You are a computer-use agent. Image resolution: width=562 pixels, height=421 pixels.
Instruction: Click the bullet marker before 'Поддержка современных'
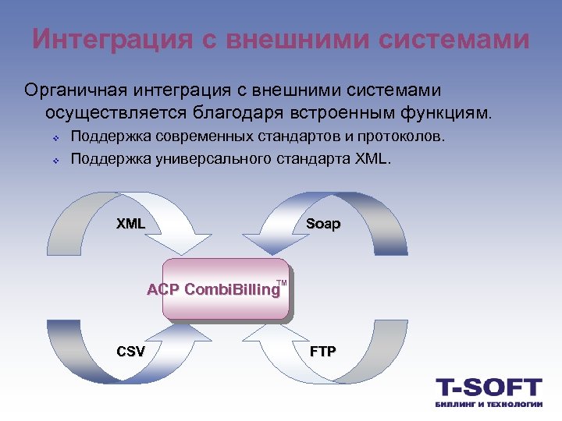coord(57,139)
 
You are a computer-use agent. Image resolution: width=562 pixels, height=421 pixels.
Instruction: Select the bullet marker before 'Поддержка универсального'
coord(57,161)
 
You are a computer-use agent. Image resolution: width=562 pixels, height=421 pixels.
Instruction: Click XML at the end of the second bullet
coord(375,160)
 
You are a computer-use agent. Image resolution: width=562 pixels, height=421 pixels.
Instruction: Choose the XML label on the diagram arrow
coord(131,224)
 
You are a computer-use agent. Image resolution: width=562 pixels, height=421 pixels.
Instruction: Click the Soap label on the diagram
coord(323,224)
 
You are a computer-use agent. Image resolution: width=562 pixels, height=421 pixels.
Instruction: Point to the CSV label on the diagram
coord(130,351)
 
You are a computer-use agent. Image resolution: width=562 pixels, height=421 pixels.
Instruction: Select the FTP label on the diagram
coord(323,351)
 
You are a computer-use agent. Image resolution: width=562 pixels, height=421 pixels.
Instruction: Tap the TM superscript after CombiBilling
coord(282,282)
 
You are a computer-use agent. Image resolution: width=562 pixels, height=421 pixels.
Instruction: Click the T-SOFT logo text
coord(488,387)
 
